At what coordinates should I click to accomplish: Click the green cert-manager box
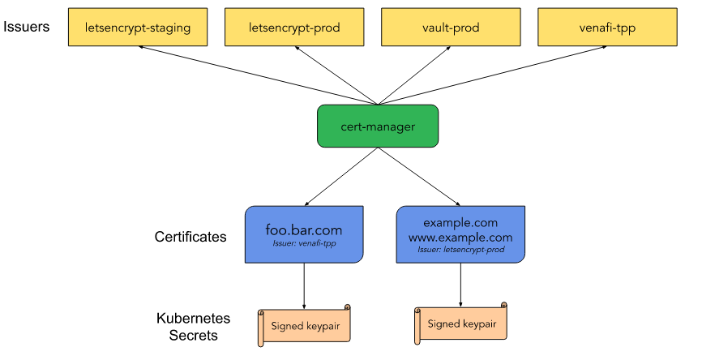coord(377,126)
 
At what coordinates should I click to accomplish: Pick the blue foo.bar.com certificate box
coord(304,234)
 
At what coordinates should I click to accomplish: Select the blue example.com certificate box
coord(460,234)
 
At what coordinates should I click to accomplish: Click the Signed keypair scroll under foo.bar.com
coord(304,326)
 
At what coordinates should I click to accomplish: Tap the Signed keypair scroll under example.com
coord(460,324)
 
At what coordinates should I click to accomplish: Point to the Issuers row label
coord(26,27)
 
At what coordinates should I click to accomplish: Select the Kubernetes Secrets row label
coord(193,327)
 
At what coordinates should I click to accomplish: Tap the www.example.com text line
coord(460,237)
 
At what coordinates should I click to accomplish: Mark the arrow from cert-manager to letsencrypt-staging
coord(259,75)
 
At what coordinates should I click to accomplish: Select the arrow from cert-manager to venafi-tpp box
coord(494,75)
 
